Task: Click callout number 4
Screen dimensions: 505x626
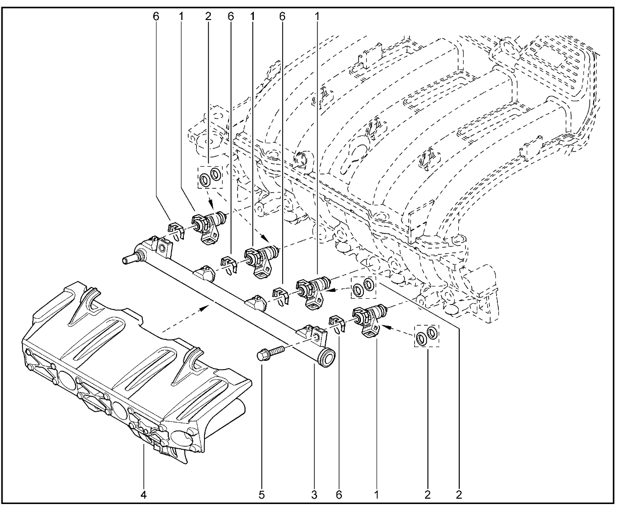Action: tap(144, 495)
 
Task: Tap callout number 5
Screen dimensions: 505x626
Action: tap(262, 495)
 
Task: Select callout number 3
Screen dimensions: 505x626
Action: tap(314, 495)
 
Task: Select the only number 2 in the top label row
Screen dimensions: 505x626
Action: tap(208, 16)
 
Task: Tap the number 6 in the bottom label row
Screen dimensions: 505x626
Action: tap(338, 495)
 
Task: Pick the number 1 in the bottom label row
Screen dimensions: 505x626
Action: tap(376, 495)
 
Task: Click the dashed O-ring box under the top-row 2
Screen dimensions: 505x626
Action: tap(209, 176)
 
